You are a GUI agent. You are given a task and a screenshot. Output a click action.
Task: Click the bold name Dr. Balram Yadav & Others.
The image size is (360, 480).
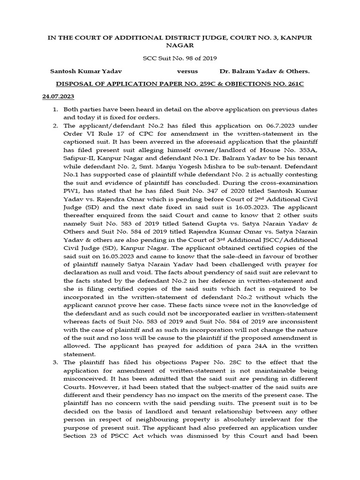pos(264,71)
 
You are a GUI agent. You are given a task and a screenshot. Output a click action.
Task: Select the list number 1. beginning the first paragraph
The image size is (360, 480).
pos(55,109)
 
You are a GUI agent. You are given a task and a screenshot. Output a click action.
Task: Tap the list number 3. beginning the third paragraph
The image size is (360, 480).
pos(55,362)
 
